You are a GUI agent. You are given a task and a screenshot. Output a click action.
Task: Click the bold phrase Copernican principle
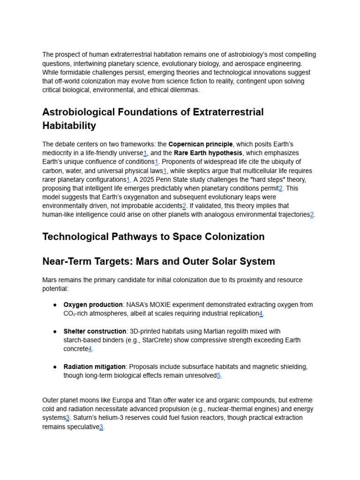(x=201, y=144)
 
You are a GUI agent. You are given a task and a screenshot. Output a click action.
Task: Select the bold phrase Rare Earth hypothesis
(x=208, y=153)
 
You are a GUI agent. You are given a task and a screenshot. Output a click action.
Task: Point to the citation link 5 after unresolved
(x=218, y=375)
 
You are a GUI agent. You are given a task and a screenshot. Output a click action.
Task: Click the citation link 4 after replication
(x=261, y=314)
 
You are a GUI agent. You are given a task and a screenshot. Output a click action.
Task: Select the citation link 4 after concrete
(x=90, y=349)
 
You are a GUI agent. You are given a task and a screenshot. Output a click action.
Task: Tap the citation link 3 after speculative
(x=101, y=427)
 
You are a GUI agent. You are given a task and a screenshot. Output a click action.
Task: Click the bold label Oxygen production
(x=93, y=305)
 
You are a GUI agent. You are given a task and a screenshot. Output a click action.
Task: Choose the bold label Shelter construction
(x=95, y=331)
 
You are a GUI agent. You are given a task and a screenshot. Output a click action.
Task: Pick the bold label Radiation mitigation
(x=94, y=367)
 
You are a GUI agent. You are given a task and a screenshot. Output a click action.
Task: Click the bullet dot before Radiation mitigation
(x=55, y=367)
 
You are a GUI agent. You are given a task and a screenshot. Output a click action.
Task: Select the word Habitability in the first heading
(x=69, y=126)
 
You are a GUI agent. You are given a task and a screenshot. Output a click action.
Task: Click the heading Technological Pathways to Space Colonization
(x=153, y=237)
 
